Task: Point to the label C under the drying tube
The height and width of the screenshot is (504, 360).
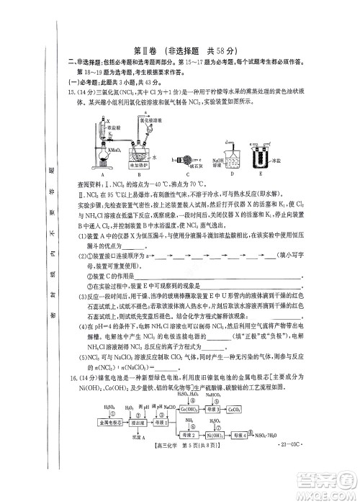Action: (192, 175)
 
